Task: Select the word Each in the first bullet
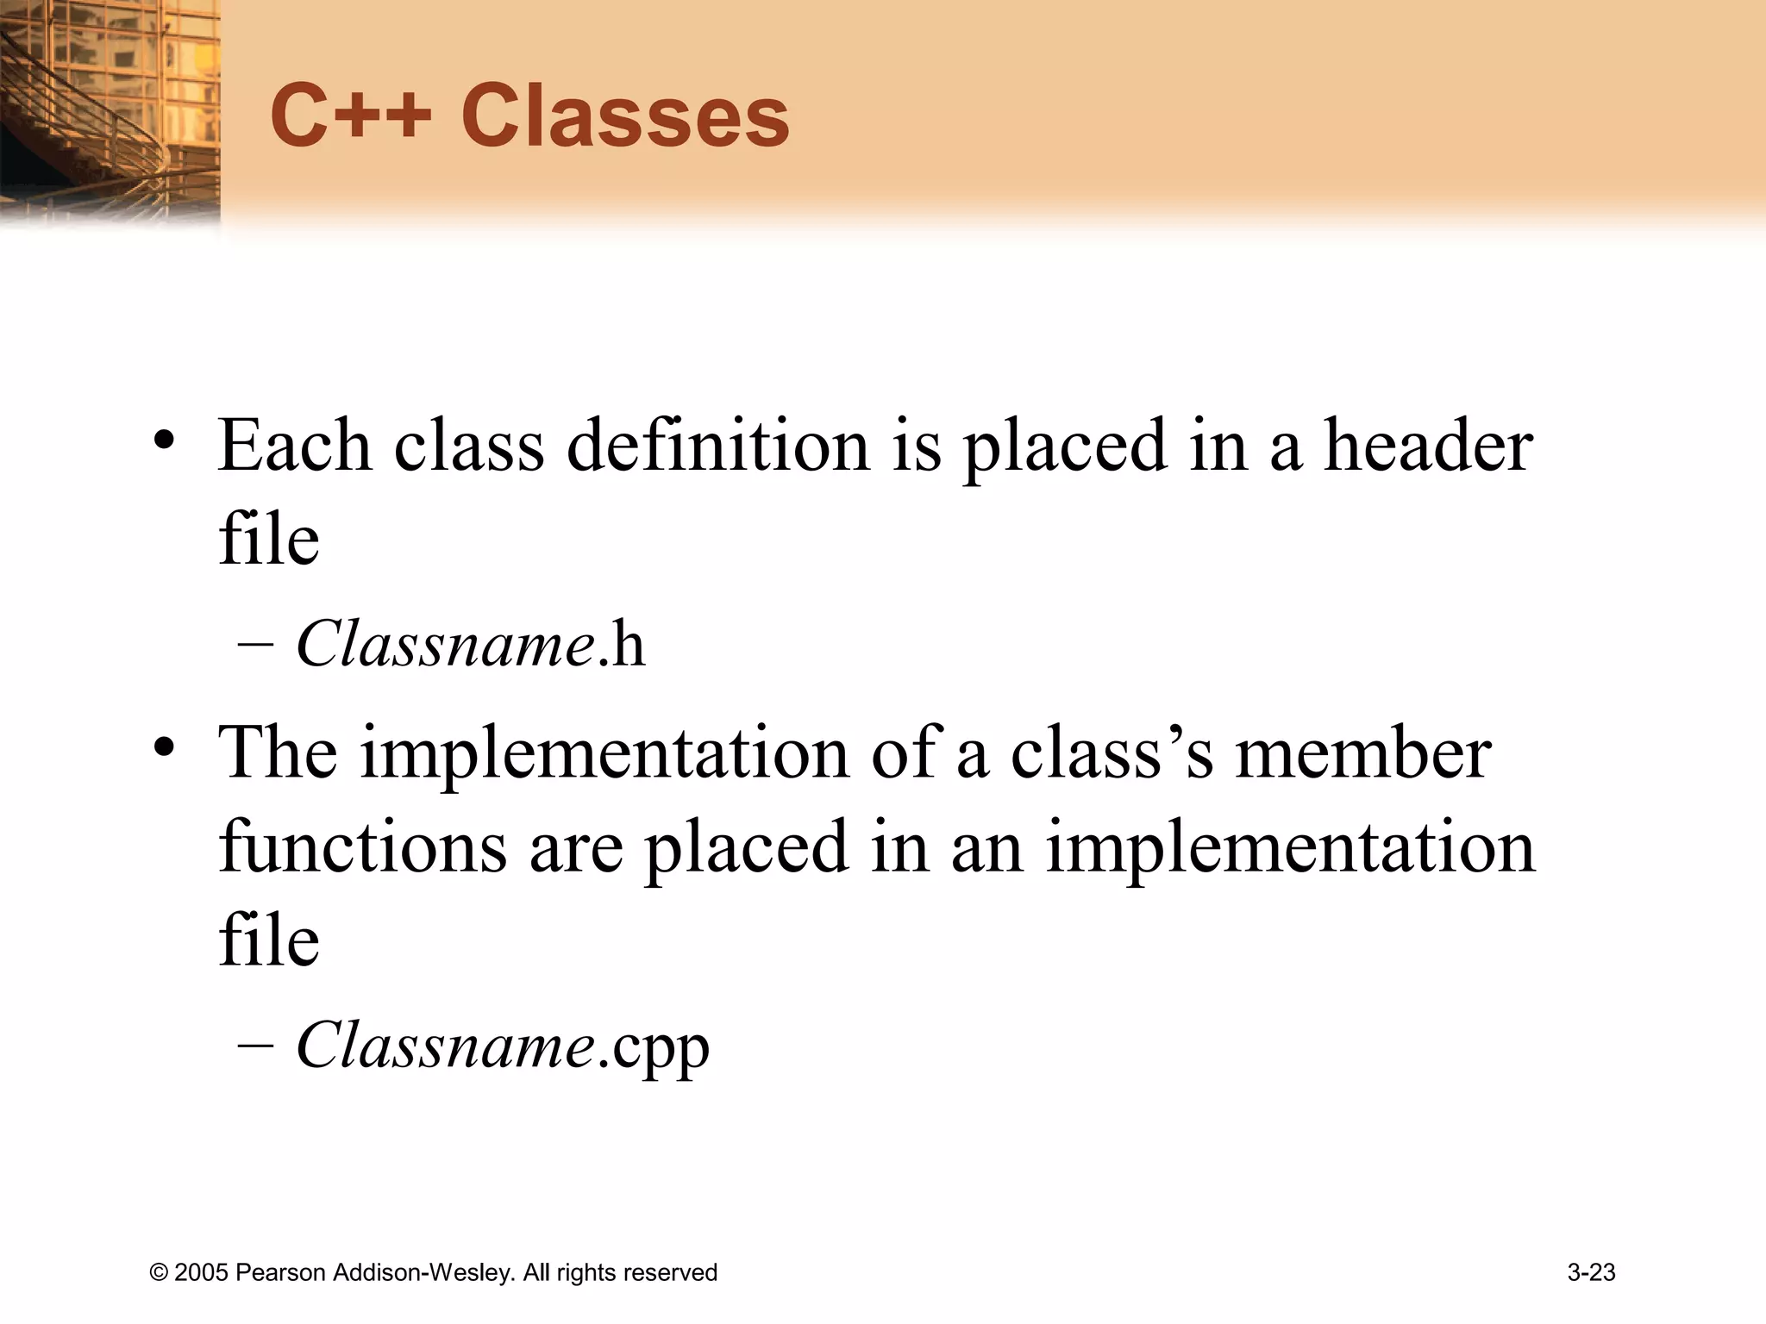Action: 294,446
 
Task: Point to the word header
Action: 1428,446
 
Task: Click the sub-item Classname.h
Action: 471,645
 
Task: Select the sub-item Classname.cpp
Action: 503,1046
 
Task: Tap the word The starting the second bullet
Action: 278,753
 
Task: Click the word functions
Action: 362,846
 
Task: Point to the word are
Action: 575,846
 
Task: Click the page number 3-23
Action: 1591,1272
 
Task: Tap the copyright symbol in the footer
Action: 159,1273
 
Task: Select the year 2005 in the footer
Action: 202,1273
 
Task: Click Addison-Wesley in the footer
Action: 423,1273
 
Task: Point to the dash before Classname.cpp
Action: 255,1046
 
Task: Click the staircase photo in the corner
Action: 110,112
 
